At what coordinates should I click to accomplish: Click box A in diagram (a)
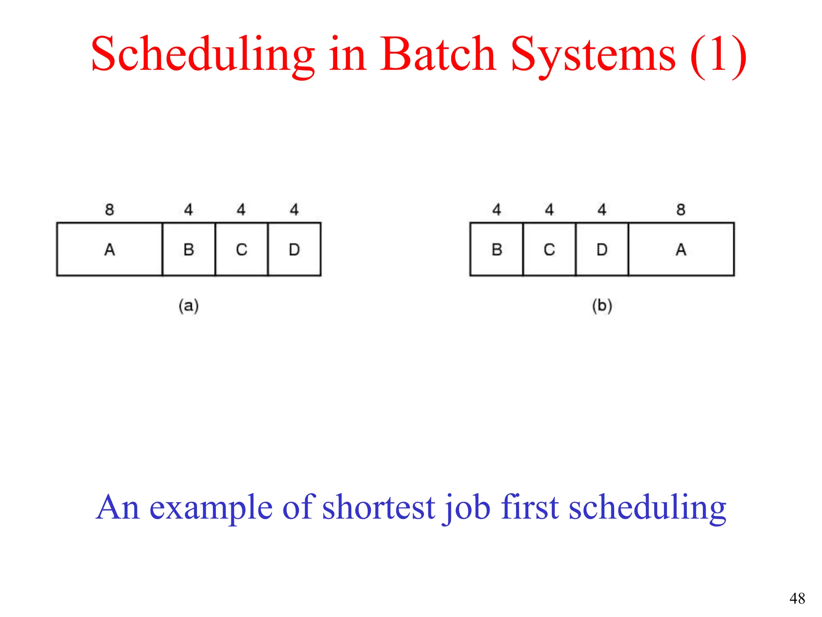coord(110,249)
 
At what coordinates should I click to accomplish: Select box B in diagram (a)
coord(189,249)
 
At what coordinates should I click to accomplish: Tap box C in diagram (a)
coord(241,249)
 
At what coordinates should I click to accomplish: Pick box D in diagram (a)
coord(294,249)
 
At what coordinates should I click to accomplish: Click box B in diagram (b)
coord(496,249)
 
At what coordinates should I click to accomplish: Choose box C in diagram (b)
coord(549,249)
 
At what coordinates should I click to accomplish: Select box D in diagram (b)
coord(602,249)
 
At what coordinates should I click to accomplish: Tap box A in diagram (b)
coord(681,249)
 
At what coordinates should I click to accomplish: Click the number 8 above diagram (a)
coord(110,209)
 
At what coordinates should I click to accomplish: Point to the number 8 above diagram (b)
coord(681,209)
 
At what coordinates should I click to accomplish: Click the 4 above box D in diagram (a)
coord(294,209)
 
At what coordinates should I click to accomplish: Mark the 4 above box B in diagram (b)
coord(496,209)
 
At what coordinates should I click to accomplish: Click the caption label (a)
coord(189,306)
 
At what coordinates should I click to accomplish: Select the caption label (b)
coord(602,306)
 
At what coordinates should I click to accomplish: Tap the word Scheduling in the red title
coord(203,54)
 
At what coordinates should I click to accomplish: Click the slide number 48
coord(797,599)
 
